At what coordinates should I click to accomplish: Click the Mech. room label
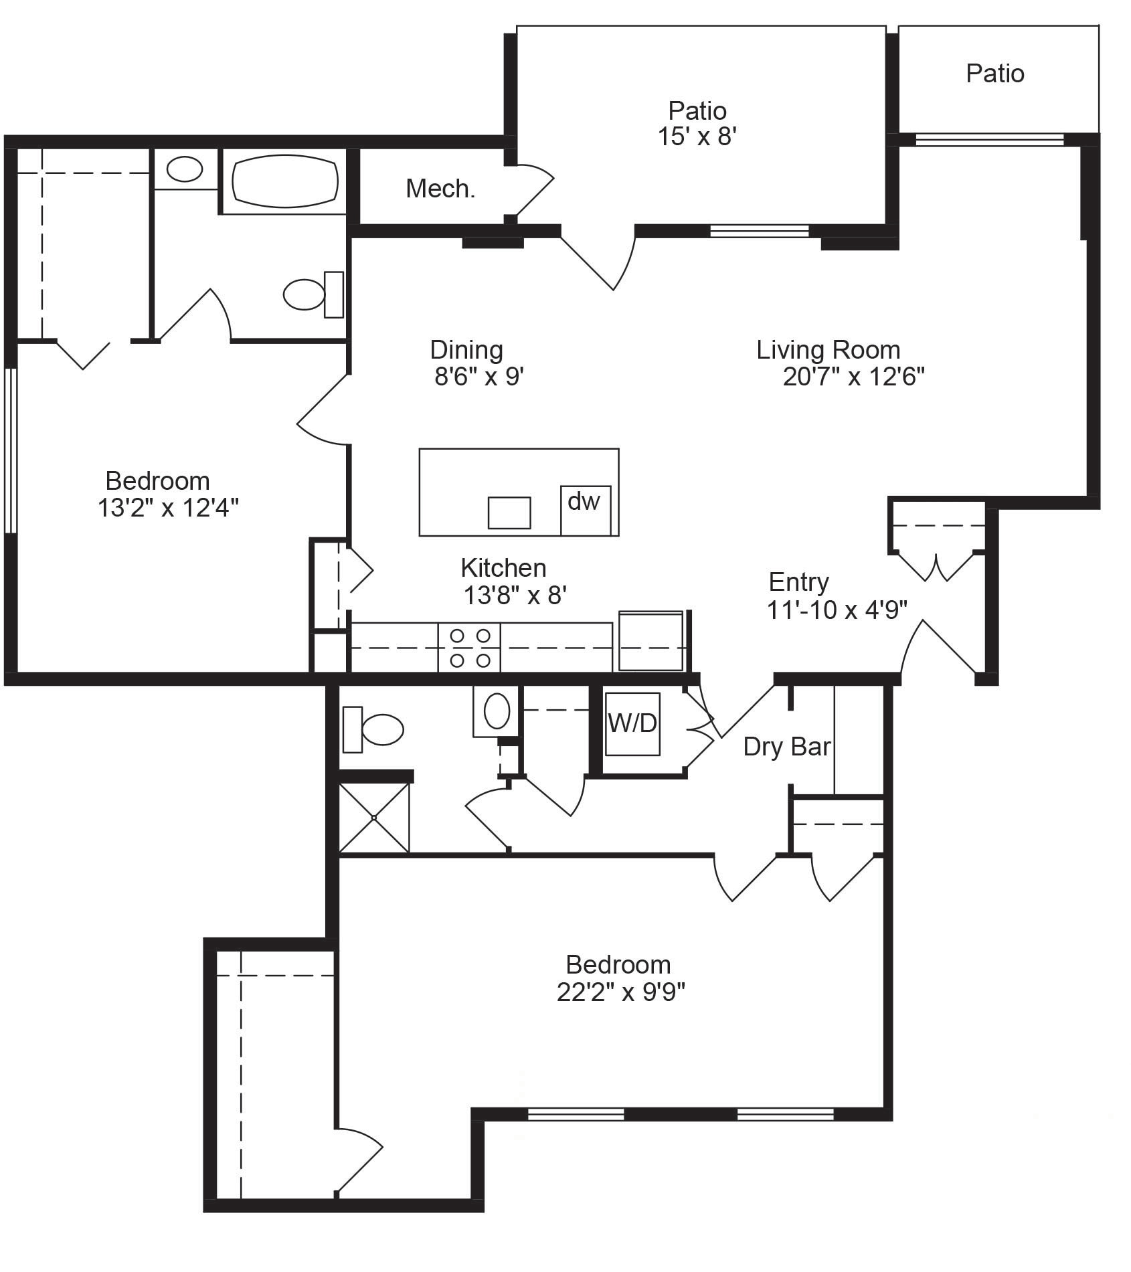click(440, 189)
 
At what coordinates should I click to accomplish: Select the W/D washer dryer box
click(632, 724)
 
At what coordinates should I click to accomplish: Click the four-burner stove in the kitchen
click(470, 647)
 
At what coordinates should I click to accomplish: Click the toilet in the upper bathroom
click(307, 294)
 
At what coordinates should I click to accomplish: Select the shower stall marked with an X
click(373, 818)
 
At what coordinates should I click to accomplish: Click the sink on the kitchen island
click(509, 513)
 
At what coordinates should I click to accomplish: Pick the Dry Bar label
click(786, 747)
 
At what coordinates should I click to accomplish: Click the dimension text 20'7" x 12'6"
click(853, 377)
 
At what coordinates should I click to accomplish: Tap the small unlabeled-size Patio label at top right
click(994, 74)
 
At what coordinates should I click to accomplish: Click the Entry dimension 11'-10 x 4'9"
click(837, 610)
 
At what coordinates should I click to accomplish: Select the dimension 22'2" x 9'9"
click(620, 992)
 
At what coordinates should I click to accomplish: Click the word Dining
click(466, 350)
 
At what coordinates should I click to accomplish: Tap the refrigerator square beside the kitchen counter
click(650, 641)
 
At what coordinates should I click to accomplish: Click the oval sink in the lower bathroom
click(497, 711)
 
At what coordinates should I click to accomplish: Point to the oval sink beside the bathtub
click(185, 169)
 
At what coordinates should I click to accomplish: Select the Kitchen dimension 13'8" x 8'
click(515, 595)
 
